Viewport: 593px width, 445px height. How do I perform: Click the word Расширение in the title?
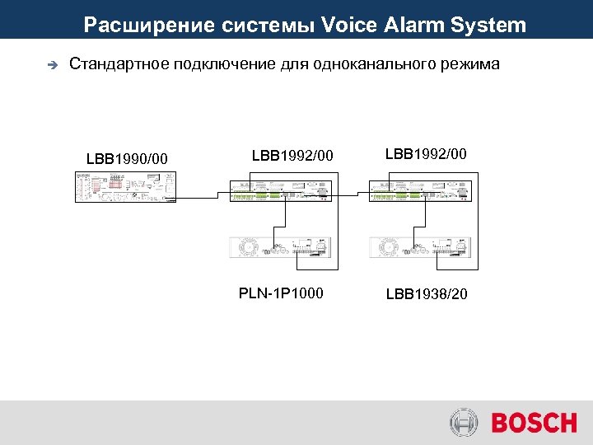point(149,25)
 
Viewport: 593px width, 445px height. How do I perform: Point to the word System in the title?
point(488,25)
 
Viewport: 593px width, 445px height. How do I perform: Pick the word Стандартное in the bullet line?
point(119,64)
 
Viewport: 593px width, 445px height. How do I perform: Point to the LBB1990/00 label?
point(127,157)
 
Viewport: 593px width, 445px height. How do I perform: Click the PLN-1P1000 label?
point(281,293)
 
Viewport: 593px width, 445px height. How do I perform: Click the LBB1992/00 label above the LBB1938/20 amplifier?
point(426,153)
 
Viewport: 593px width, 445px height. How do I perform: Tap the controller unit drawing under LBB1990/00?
point(124,186)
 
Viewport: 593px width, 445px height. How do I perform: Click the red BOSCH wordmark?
point(534,424)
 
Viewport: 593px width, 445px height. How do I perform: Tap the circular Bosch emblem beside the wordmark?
point(464,424)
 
